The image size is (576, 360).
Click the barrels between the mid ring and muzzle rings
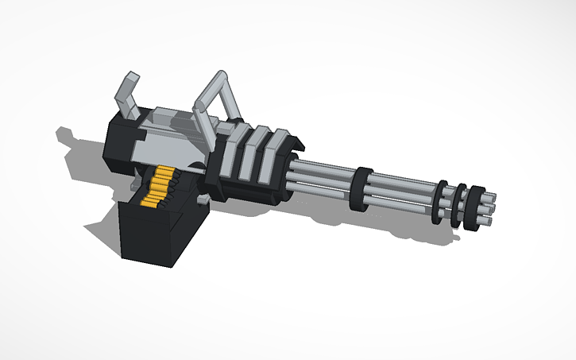[x=401, y=194]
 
